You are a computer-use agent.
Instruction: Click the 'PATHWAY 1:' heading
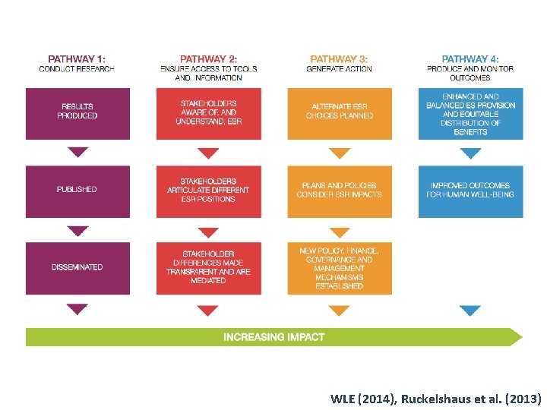(77, 58)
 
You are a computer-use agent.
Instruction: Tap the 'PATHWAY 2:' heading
(208, 58)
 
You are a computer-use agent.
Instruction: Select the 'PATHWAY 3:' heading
(339, 58)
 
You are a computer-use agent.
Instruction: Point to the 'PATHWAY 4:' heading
(470, 58)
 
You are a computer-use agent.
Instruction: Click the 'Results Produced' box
(77, 113)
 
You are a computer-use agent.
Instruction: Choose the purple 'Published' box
(77, 191)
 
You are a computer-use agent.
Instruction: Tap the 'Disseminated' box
(77, 267)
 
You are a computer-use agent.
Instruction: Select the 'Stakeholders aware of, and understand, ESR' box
(208, 113)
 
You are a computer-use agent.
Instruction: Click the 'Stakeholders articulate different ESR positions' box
(208, 191)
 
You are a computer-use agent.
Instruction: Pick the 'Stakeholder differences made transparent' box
(208, 267)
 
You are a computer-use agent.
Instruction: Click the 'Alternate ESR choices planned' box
(340, 113)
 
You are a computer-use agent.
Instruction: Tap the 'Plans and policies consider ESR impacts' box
(340, 191)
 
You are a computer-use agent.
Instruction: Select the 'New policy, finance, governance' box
(340, 267)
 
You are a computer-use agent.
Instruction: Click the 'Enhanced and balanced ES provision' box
(470, 113)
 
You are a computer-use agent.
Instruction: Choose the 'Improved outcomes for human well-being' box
(470, 191)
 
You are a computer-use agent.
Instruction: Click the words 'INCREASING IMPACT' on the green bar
(273, 337)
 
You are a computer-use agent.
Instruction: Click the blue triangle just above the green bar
(470, 310)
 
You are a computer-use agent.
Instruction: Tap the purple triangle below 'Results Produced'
(77, 152)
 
